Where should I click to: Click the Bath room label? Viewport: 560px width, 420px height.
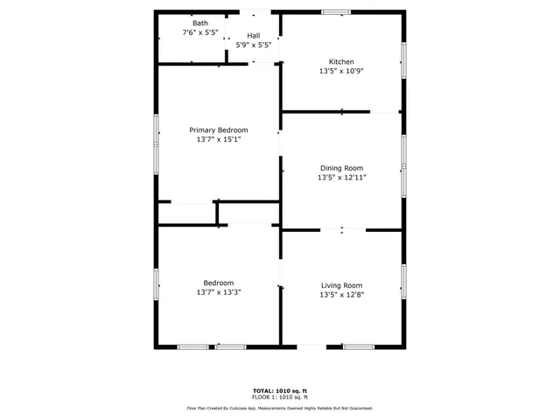tap(188, 24)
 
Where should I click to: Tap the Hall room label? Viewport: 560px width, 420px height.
tap(253, 36)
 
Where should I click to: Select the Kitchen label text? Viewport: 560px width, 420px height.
tap(341, 62)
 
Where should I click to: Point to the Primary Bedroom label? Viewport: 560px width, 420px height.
tap(219, 130)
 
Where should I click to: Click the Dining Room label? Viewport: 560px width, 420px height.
tap(341, 168)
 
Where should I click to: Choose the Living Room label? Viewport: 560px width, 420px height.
tap(341, 285)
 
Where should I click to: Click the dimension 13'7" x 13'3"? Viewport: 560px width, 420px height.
tap(219, 292)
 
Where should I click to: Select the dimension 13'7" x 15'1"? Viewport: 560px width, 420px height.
tap(219, 139)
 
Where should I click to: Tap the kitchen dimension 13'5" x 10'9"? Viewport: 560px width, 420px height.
tap(341, 72)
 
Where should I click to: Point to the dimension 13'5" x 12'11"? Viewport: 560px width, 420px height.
tap(341, 178)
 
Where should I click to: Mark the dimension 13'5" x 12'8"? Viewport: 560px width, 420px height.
tap(341, 295)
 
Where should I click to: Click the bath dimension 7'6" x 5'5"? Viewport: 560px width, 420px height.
tap(199, 33)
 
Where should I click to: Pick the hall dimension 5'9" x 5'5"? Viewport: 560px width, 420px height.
tap(253, 45)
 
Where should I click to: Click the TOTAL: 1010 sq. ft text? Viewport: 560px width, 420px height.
tap(280, 390)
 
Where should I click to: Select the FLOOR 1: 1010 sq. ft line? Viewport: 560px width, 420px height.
tap(280, 397)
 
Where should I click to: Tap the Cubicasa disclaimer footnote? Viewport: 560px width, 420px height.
tap(280, 408)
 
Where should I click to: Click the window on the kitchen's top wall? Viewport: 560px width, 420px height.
tap(335, 11)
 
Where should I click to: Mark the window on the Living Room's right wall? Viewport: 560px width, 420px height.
tap(403, 283)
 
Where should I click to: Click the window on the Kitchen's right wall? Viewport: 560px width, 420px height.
tap(403, 62)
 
